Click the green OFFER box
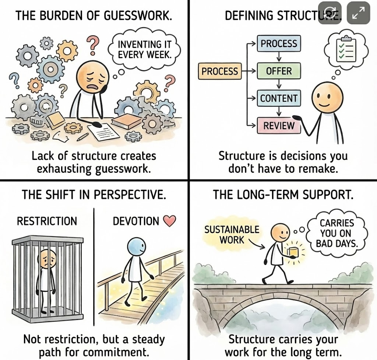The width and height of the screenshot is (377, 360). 279,70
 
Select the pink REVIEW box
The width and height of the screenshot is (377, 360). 279,126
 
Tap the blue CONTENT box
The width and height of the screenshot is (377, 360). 279,98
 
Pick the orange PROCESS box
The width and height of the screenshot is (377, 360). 220,71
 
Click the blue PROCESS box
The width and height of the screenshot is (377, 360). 279,44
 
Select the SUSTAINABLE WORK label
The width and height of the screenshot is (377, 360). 232,234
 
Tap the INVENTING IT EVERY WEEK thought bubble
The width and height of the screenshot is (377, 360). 145,50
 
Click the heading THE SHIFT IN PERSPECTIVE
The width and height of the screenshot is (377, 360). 94,195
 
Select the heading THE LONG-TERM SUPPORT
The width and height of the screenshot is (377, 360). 283,195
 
